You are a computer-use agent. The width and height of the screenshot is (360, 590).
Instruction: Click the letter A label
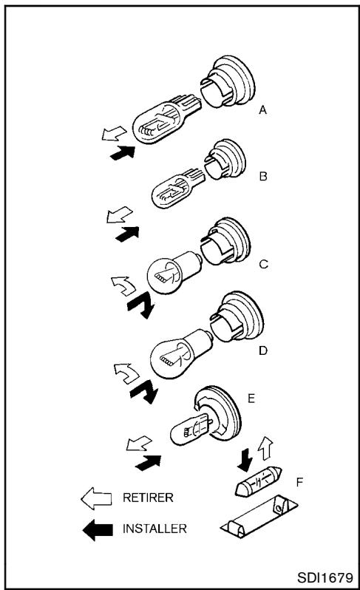coord(262,110)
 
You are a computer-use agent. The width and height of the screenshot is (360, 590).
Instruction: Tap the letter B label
coord(263,176)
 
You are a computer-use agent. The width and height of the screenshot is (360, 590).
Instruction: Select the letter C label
coord(263,265)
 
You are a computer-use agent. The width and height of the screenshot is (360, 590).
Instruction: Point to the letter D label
coord(263,350)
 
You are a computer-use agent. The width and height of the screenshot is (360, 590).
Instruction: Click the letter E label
coord(251,398)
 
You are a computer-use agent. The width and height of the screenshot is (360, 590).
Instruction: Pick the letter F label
coord(299,482)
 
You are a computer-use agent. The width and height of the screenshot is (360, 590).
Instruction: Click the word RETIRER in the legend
coord(148,498)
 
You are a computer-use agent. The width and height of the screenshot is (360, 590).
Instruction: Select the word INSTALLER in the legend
coord(154,529)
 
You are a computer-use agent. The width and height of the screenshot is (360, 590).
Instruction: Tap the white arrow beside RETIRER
coord(96,498)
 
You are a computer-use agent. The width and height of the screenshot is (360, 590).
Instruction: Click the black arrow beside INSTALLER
coord(98,530)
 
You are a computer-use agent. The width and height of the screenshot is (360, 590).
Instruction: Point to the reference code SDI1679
coord(325,577)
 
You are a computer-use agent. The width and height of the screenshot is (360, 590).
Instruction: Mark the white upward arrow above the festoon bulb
coord(265,448)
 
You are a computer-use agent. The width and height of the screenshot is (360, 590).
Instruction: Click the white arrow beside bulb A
coord(114,134)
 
